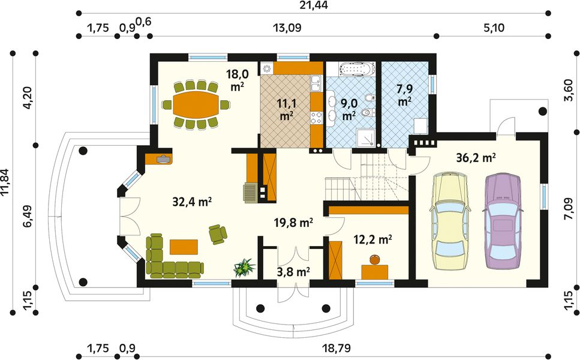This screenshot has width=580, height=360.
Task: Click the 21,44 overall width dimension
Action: point(314,5)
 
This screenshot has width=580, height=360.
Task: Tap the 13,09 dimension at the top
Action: point(287,28)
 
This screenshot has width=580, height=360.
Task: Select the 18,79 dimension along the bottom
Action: point(336,348)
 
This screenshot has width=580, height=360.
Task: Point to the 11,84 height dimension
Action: point(5,182)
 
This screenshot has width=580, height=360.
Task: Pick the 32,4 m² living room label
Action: point(192,202)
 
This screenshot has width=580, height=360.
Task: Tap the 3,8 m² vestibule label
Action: point(293,272)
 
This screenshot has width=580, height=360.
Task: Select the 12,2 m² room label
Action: point(373,240)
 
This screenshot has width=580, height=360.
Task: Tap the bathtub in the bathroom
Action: point(357,70)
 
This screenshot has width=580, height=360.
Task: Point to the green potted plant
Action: point(244,268)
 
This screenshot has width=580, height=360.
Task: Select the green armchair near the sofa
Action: point(218,234)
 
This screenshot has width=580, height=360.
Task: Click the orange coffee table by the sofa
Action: point(184,247)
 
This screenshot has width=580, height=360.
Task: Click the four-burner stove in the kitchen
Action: point(316,118)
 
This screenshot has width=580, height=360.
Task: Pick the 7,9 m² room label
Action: point(405,95)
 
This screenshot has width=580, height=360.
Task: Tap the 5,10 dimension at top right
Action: point(494,28)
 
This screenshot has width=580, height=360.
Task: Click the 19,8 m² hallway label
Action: point(294,223)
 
